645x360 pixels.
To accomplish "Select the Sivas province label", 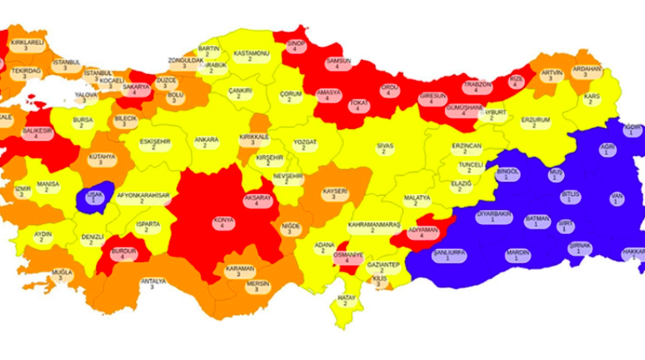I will coord(385,144).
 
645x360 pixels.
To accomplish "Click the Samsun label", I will coord(339,64).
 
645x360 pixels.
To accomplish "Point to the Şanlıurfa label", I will coord(450,255).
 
